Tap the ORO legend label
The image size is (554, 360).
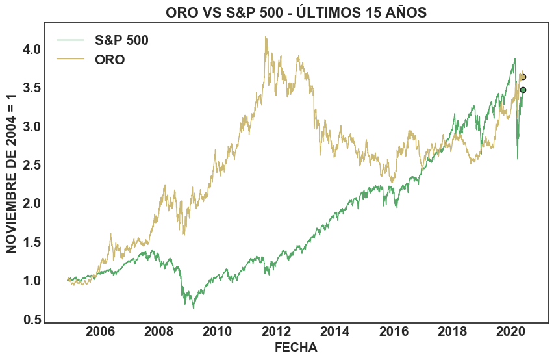point(110,60)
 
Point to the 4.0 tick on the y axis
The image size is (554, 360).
point(32,49)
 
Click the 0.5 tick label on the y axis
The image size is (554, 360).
point(32,320)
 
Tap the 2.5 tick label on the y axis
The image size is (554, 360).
point(32,165)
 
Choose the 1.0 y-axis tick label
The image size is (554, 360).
point(32,281)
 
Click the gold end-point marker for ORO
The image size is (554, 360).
point(523,77)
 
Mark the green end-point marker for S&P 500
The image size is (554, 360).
point(523,90)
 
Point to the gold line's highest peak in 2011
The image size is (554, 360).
point(266,37)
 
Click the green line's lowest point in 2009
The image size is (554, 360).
point(193,308)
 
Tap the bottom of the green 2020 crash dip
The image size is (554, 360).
point(517,159)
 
